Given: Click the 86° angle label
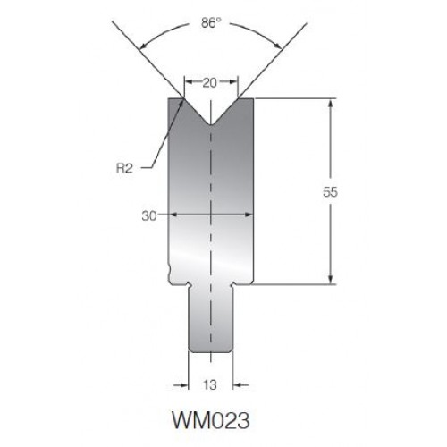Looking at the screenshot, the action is [x=211, y=23].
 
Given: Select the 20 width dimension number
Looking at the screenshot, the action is [x=209, y=83].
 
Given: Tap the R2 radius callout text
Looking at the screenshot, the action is [x=124, y=169].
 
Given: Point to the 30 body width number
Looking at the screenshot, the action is [x=149, y=216].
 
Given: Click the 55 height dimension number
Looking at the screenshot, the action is [x=330, y=192].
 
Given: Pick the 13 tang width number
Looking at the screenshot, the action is [x=210, y=385].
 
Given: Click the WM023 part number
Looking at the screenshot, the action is [x=211, y=420].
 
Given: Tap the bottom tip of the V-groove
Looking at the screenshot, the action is [x=211, y=125].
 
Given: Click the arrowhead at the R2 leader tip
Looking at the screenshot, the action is [x=181, y=103].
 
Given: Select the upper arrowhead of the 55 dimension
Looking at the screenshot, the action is [x=330, y=105].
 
